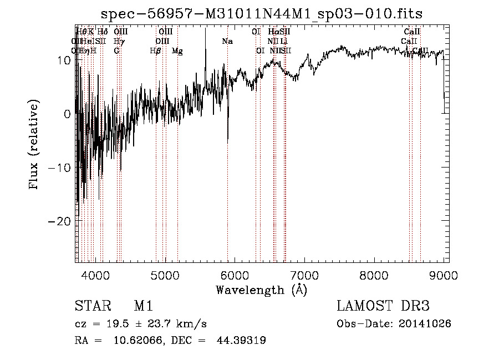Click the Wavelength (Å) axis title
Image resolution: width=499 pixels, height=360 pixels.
click(x=261, y=290)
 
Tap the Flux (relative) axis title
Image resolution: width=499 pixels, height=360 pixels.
click(x=35, y=145)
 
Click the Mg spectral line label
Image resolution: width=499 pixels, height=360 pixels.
click(x=177, y=51)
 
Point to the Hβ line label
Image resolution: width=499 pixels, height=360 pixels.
click(x=156, y=51)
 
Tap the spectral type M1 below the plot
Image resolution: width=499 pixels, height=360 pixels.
click(x=143, y=306)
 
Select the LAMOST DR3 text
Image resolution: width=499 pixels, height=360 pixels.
click(x=383, y=306)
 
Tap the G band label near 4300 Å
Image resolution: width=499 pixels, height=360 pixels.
click(x=116, y=51)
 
